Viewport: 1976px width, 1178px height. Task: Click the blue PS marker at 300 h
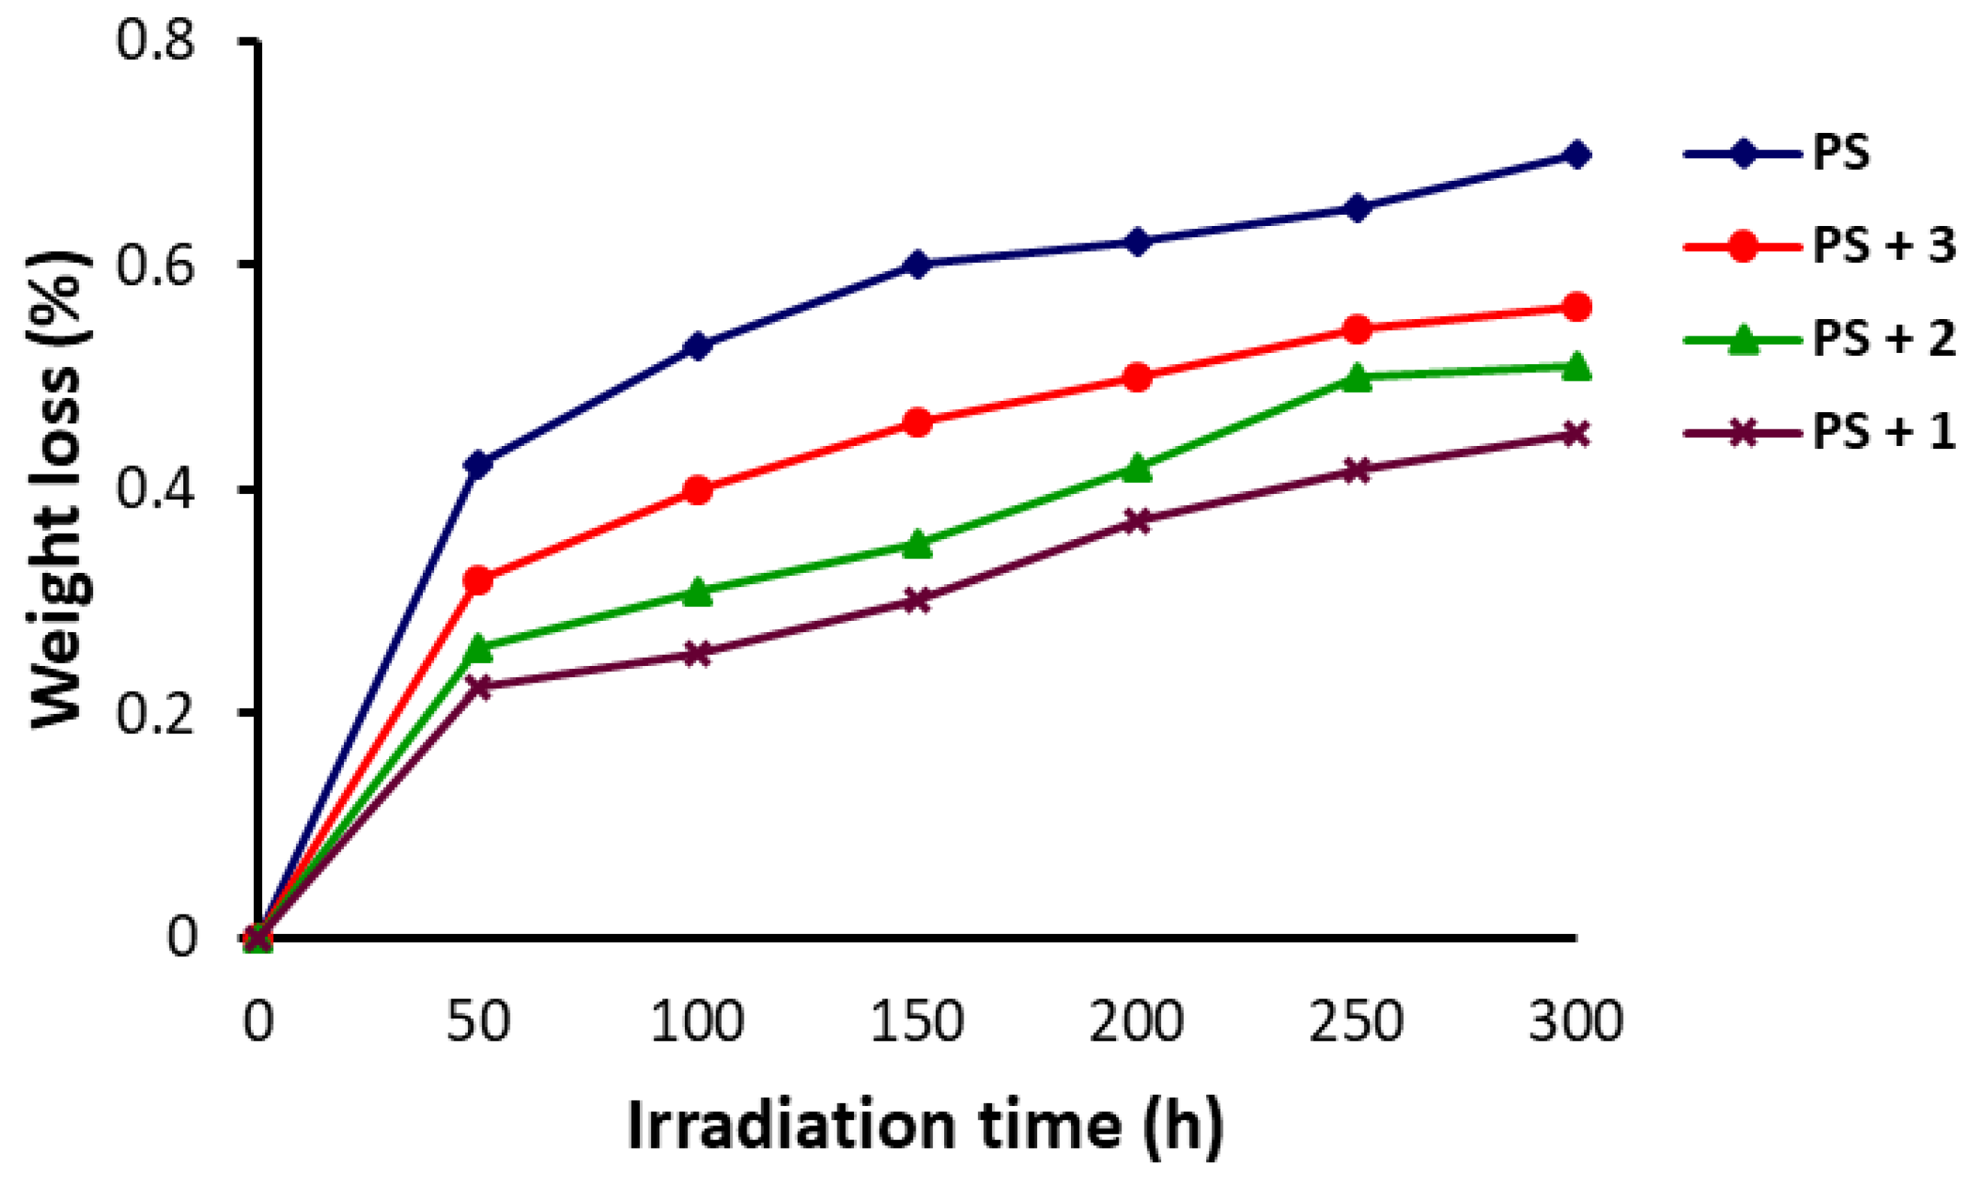[x=1576, y=154]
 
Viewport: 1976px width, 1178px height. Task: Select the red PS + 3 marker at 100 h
[x=698, y=490]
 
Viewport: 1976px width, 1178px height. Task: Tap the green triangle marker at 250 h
[x=1357, y=376]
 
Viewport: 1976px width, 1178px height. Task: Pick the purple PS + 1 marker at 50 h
[x=478, y=685]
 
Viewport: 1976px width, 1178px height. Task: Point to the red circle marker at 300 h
[x=1576, y=306]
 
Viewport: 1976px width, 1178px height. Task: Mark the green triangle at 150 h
[x=918, y=544]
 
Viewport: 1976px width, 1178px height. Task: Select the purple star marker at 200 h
[x=1137, y=521]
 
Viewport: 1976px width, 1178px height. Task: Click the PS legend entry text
[x=1841, y=154]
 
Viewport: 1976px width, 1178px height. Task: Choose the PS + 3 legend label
[x=1883, y=247]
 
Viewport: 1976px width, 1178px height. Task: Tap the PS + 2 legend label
[x=1883, y=341]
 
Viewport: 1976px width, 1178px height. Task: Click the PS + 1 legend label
[x=1883, y=433]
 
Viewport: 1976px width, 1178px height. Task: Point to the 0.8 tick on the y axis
[x=155, y=41]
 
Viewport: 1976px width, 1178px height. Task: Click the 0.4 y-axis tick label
[x=155, y=490]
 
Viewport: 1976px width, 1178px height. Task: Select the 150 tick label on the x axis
[x=918, y=1023]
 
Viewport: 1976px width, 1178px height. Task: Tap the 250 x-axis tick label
[x=1357, y=1023]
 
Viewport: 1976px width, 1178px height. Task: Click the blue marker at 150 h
[x=918, y=264]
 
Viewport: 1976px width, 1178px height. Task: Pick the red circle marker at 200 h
[x=1137, y=376]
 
